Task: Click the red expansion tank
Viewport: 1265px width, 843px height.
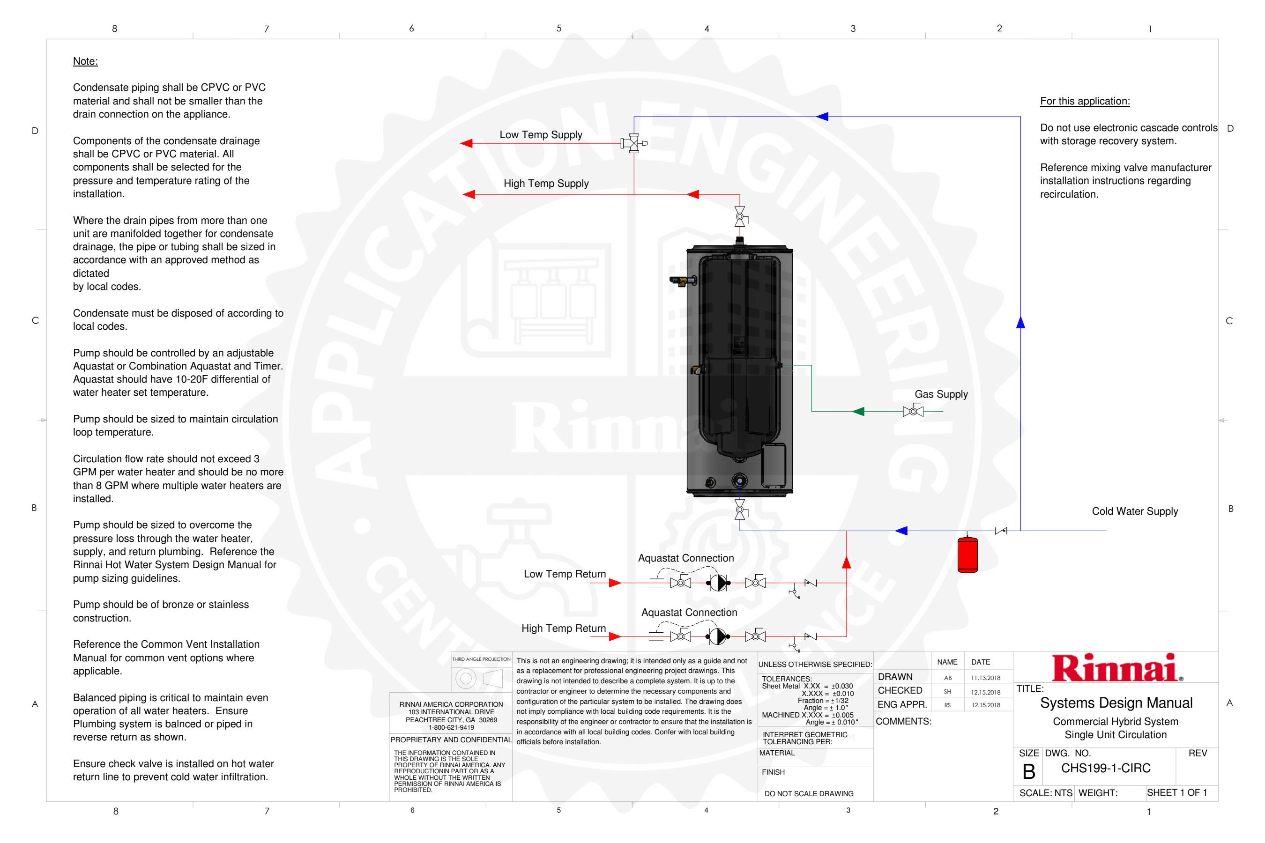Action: [967, 555]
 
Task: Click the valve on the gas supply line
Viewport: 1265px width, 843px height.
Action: [913, 411]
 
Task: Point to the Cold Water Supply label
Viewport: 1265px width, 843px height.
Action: [1134, 511]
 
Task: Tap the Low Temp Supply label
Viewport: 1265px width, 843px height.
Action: [541, 134]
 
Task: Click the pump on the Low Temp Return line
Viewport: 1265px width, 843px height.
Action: [718, 582]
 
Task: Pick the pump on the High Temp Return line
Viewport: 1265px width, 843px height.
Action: [718, 636]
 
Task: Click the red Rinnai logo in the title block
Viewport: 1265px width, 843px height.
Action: [1116, 668]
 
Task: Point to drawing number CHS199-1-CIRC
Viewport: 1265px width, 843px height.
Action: [1105, 768]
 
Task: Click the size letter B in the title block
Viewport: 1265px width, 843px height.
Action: [1028, 771]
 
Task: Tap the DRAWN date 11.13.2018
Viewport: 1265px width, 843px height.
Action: [985, 678]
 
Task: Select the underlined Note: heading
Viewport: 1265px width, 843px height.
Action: [85, 61]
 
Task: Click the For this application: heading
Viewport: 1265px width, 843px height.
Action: [1084, 101]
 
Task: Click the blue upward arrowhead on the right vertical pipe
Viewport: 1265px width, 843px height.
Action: [1020, 323]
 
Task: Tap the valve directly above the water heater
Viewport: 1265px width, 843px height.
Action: [740, 216]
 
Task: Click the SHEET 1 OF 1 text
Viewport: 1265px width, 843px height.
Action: [1177, 792]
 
